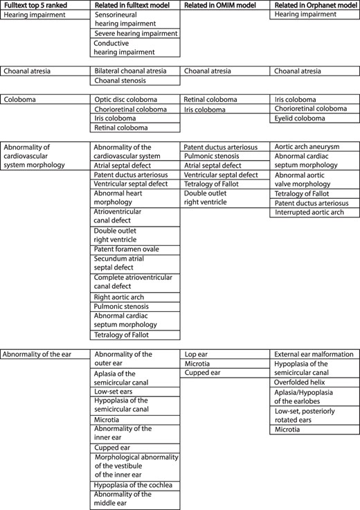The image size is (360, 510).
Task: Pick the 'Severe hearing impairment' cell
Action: point(136,33)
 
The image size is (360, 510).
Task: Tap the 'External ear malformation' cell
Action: point(314,354)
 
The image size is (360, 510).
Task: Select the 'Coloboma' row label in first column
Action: point(20,100)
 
